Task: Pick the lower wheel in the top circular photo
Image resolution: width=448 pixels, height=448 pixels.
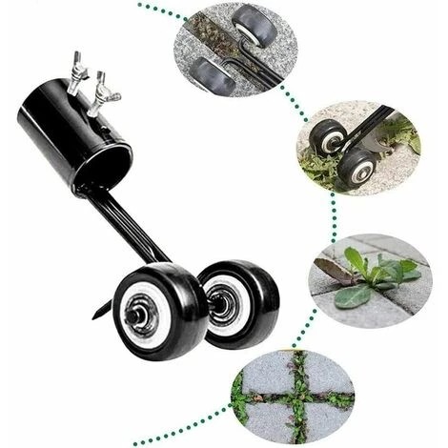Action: click(214, 73)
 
